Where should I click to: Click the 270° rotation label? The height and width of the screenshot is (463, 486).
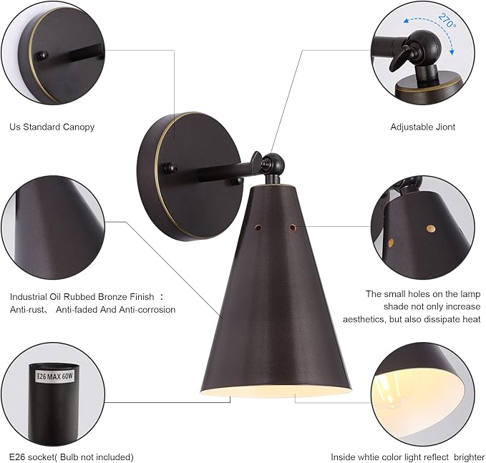click(447, 21)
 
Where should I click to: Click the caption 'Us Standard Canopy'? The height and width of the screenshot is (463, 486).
click(52, 127)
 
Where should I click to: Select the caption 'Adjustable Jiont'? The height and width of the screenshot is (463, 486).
click(423, 127)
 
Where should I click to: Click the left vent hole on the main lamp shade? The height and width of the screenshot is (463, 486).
click(258, 228)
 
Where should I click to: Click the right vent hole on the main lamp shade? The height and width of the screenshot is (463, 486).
click(293, 228)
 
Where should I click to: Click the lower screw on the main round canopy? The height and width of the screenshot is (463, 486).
click(238, 181)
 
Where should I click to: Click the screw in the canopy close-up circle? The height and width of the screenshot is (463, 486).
click(42, 56)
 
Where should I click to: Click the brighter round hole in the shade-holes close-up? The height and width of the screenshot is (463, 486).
click(430, 229)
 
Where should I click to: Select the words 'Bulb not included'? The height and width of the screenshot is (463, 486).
click(95, 457)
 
